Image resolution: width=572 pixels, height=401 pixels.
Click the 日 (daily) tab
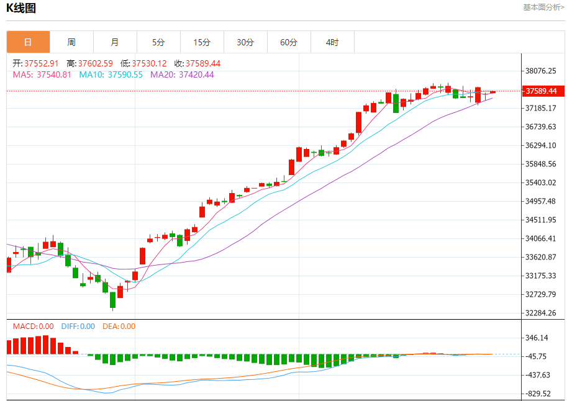pos(28,42)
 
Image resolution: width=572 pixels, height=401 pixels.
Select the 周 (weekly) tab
pos(71,42)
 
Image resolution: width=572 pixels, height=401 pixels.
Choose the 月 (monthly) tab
pos(115,42)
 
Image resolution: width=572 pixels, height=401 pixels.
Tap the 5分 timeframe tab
pos(158,42)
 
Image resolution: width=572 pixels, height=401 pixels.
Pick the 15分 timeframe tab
pos(202,42)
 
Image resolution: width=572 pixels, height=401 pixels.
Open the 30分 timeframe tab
pos(245,42)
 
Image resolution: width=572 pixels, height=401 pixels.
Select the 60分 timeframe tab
pos(289,42)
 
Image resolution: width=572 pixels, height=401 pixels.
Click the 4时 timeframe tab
pos(332,42)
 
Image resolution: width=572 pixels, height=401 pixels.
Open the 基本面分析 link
pos(543,7)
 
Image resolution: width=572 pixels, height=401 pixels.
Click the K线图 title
pos(21,8)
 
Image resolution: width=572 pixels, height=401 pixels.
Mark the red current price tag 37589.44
pos(540,91)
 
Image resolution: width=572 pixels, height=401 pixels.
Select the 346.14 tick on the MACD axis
pos(537,338)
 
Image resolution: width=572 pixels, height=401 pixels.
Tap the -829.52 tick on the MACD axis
pos(538,394)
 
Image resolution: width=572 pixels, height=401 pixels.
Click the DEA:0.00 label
pos(119,326)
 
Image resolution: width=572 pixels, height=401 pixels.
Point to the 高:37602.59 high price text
pos(90,63)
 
